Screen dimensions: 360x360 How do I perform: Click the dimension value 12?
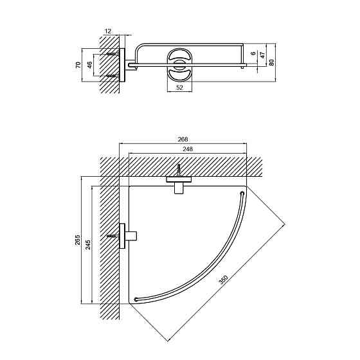point(108,31)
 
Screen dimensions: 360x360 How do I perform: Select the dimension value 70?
point(78,64)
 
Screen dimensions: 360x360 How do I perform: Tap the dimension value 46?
point(89,64)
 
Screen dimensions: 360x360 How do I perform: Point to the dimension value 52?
point(180,87)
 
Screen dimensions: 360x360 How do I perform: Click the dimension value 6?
point(253,53)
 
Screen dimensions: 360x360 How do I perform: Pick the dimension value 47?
point(263,55)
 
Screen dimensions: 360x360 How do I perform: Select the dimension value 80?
point(271,62)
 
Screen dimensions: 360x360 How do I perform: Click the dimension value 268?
point(183,139)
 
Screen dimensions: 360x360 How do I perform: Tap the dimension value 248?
point(188,149)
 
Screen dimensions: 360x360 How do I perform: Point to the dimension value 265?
point(78,240)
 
